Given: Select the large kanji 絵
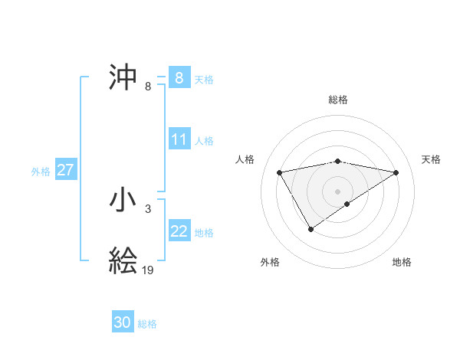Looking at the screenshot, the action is [x=123, y=260].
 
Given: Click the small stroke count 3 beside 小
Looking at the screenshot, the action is [x=147, y=208].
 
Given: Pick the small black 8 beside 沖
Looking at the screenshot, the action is [x=147, y=86].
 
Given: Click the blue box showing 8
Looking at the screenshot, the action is [x=179, y=77].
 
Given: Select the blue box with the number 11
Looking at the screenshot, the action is [x=179, y=139].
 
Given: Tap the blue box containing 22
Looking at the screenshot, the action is [x=179, y=231].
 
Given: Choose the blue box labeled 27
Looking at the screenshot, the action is [x=66, y=170].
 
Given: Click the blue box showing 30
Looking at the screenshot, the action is [x=122, y=322].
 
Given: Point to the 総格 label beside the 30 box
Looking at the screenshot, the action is [x=147, y=324].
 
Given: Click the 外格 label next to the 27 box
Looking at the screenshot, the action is [x=41, y=172].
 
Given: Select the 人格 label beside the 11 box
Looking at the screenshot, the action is [x=204, y=141].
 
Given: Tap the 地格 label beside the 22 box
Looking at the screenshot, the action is [x=204, y=233].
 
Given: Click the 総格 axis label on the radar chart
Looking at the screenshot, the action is [x=337, y=100].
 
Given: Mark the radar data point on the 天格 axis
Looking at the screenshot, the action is [x=396, y=172].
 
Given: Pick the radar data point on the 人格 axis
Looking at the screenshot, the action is [x=280, y=172].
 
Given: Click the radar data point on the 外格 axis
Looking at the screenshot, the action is [x=310, y=228].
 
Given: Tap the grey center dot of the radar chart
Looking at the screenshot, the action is [x=337, y=191].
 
